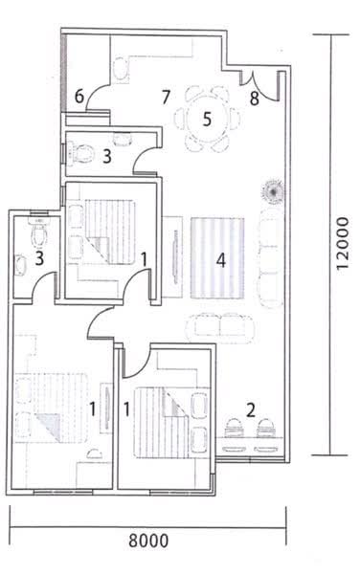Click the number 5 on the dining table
tap(205, 121)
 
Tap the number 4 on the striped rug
tap(220, 259)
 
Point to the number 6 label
tap(80, 96)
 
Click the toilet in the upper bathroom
tap(83, 150)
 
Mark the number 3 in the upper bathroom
tap(108, 156)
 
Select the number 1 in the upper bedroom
tap(144, 258)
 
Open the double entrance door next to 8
tap(263, 86)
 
